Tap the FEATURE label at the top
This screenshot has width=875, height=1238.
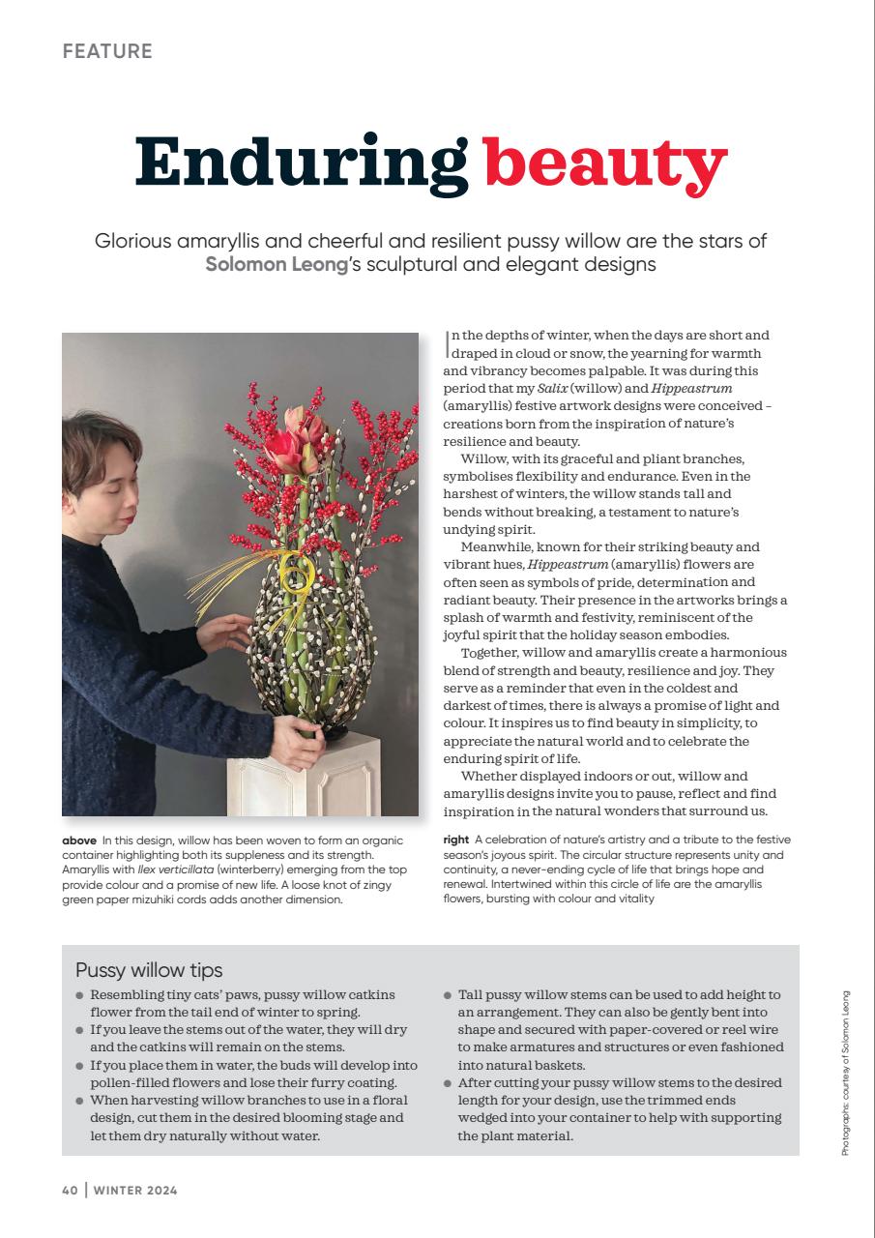click(107, 51)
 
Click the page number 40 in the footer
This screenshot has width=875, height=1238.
click(70, 1191)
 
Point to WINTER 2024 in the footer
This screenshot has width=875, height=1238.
click(135, 1191)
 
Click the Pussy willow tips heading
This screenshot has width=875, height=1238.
click(149, 969)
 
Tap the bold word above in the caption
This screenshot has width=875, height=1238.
click(79, 840)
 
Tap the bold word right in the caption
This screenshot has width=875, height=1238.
click(456, 840)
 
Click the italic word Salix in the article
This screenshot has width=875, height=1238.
click(552, 388)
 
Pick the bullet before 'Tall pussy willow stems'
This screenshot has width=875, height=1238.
click(448, 995)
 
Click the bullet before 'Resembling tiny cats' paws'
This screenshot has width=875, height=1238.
click(79, 995)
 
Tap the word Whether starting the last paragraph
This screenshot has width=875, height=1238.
click(491, 776)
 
